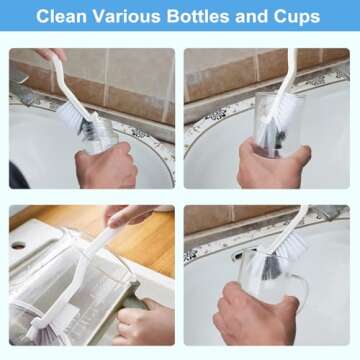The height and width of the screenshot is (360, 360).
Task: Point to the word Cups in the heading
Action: click(x=298, y=17)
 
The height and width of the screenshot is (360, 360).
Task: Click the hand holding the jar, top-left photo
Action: click(x=110, y=165)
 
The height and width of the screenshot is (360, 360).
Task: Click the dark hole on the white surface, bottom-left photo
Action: click(x=18, y=245)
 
